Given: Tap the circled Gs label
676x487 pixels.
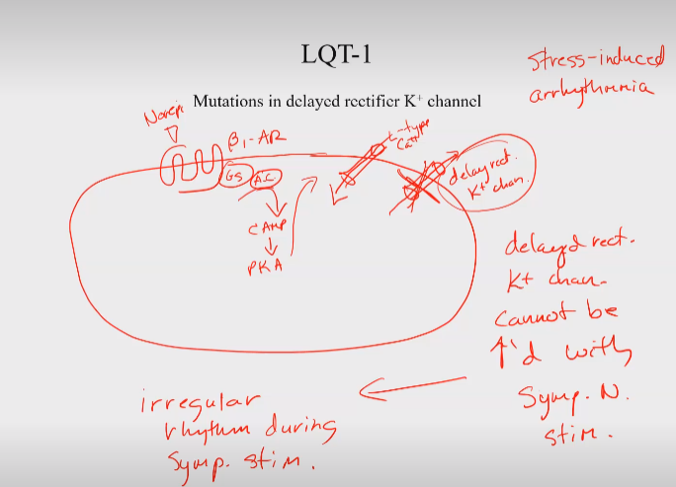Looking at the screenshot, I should click(x=233, y=177).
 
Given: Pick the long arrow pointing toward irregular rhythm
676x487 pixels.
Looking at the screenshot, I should click(x=412, y=389).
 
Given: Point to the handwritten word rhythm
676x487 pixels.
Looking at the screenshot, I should click(x=206, y=433).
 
